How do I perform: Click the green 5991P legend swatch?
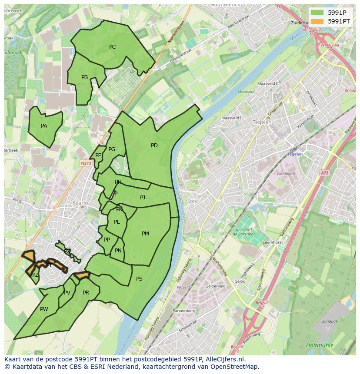[317, 12]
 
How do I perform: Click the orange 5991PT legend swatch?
[317, 21]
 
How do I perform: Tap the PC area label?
[112, 47]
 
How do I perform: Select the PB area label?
[84, 77]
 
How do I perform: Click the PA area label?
[44, 126]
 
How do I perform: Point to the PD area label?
[154, 146]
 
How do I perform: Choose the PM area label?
[145, 234]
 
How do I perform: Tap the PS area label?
[139, 279]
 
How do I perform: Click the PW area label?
[44, 309]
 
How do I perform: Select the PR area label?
[86, 293]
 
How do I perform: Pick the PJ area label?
[143, 198]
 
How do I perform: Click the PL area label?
[117, 222]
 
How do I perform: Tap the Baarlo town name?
[80, 203]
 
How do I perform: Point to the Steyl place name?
[193, 201]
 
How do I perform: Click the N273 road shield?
[86, 163]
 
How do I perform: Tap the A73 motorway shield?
[325, 173]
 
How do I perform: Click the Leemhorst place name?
[273, 242]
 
